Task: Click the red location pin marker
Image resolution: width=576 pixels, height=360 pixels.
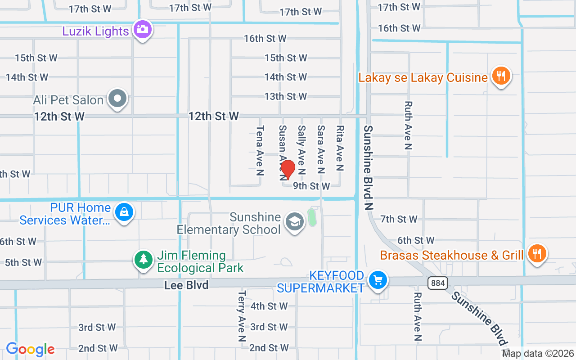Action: click(x=288, y=169)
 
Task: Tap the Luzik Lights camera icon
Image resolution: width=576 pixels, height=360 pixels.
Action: click(x=143, y=29)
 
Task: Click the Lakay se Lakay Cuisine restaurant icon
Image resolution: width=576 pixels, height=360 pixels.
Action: click(x=500, y=76)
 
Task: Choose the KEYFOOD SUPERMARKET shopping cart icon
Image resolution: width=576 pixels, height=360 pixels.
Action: click(x=377, y=281)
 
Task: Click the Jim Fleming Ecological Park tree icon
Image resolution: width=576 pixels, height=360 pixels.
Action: click(x=144, y=259)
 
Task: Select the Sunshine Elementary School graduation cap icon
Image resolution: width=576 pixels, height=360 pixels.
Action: click(x=295, y=221)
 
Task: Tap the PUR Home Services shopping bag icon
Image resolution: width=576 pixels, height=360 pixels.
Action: click(x=124, y=212)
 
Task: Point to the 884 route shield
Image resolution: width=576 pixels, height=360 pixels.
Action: click(x=436, y=283)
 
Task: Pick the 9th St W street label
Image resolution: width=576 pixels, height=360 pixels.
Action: click(x=311, y=186)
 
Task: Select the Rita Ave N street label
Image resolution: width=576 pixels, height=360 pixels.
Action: click(x=340, y=148)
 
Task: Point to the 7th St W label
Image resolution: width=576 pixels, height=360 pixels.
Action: click(x=399, y=219)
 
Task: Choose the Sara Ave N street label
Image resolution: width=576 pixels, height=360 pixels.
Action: click(x=321, y=149)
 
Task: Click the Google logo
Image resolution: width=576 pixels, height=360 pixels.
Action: click(x=31, y=349)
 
